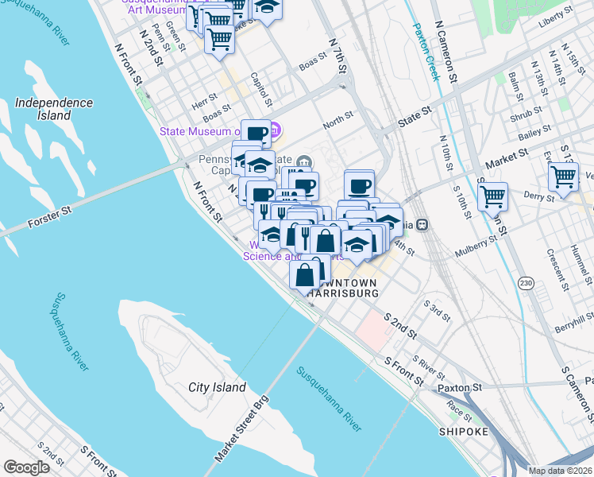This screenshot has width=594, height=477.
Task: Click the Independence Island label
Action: pyautogui.click(x=53, y=109)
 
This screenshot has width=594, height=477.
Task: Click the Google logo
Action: pyautogui.click(x=26, y=467)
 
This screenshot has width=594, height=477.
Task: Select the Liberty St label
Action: pyautogui.click(x=555, y=14)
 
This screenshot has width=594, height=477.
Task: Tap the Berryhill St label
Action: pyautogui.click(x=573, y=320)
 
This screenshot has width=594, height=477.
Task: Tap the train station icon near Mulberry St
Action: pyautogui.click(x=423, y=224)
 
